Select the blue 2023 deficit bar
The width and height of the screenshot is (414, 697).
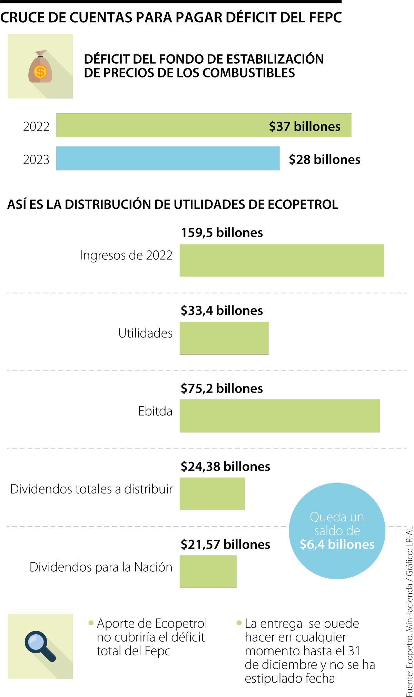(168, 158)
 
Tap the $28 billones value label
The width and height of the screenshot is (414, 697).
(324, 160)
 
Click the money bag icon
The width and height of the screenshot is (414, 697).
(40, 67)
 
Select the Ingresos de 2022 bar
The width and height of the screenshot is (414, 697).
(282, 260)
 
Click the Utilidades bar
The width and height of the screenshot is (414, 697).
(224, 338)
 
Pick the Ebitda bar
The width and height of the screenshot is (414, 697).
(279, 416)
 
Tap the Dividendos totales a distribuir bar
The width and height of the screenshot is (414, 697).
(212, 493)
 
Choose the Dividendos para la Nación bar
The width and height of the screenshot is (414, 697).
(208, 571)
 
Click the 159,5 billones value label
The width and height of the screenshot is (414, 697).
(222, 233)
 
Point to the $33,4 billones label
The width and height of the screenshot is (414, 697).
(222, 311)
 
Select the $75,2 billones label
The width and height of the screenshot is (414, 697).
(222, 388)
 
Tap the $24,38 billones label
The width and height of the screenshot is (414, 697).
(225, 467)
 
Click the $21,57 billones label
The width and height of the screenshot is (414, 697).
(225, 544)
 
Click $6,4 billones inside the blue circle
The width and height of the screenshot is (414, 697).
(337, 544)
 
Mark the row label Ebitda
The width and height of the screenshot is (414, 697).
(155, 411)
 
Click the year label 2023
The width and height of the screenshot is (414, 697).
(36, 160)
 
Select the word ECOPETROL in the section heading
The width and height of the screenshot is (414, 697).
(303, 205)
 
